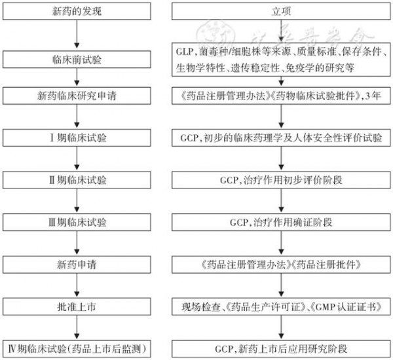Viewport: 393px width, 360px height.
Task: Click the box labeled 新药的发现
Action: [x=79, y=12]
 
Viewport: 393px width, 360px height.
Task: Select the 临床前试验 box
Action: [x=79, y=59]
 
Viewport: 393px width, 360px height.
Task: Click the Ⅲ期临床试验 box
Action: [x=79, y=223]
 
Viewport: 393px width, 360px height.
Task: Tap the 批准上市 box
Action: [x=79, y=306]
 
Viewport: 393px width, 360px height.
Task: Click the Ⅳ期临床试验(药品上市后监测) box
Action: [x=79, y=347]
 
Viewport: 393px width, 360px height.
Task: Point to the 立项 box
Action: [x=282, y=12]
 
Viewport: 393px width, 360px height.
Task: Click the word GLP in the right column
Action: [x=185, y=50]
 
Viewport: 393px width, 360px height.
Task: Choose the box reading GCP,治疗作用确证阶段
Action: [x=282, y=223]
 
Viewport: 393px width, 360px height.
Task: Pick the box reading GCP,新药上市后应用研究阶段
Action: [x=282, y=347]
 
